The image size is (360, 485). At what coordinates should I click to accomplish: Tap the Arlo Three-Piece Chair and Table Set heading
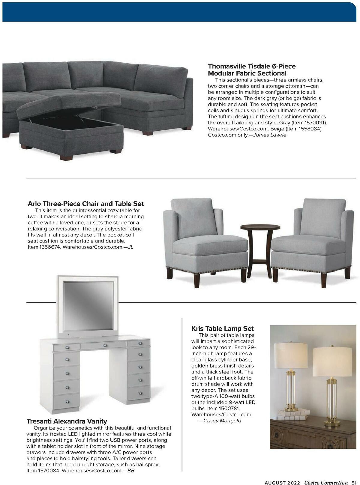pos(85,204)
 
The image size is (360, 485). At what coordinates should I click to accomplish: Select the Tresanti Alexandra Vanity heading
pos(67,421)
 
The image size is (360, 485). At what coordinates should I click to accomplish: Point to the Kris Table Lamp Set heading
pos(222,328)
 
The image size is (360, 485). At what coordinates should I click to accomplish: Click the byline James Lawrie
pos(270,135)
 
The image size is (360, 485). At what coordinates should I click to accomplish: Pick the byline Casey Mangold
pos(222,421)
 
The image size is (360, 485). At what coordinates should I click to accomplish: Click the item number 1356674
pos(44,247)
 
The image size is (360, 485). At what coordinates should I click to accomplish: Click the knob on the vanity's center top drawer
pos(105,346)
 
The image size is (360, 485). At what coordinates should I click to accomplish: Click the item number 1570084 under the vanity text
pos(44,471)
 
